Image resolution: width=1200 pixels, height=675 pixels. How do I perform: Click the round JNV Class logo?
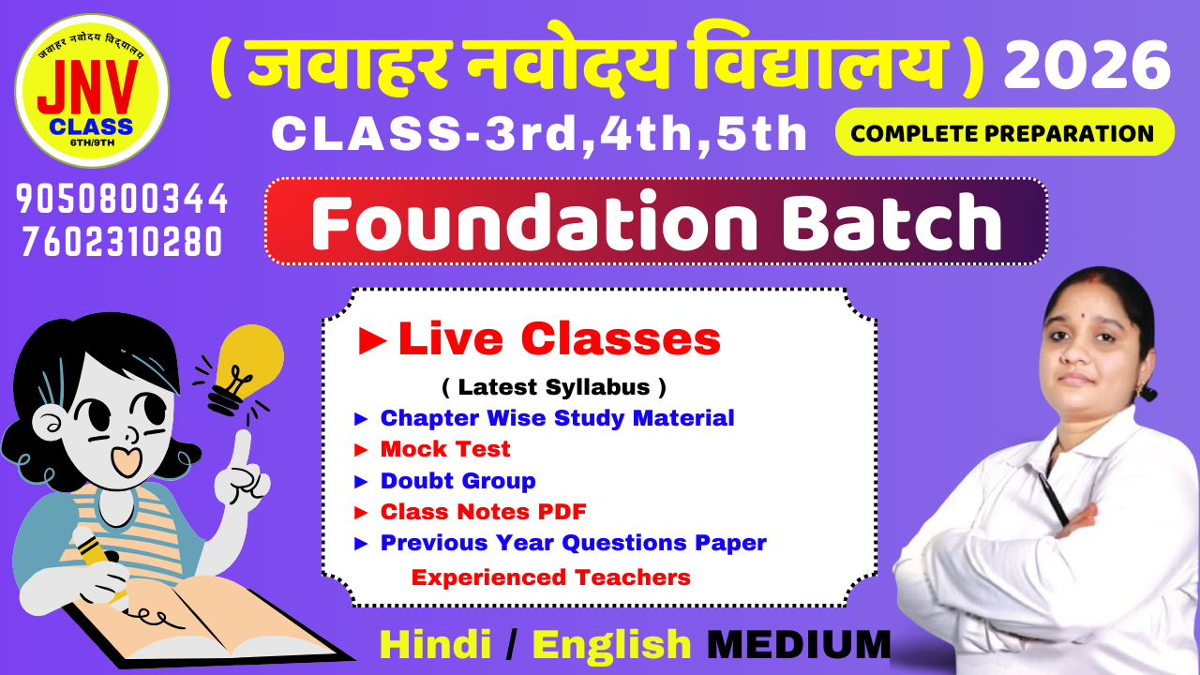[92, 91]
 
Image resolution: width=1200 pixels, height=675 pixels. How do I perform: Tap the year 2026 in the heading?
[1087, 66]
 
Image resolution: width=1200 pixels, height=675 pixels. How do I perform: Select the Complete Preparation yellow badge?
[1005, 132]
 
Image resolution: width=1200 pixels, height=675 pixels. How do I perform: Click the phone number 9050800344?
[122, 199]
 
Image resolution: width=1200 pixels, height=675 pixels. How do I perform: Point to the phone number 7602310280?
[122, 242]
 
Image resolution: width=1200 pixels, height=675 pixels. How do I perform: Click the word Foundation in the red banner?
[534, 221]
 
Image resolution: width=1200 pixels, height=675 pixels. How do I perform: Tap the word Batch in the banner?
[892, 221]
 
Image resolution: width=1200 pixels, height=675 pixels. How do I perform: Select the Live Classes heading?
[539, 339]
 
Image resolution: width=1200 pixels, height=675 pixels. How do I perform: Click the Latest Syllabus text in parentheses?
[554, 387]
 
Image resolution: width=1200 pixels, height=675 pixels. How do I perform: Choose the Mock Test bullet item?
[432, 449]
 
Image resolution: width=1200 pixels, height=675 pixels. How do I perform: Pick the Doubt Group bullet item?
[445, 481]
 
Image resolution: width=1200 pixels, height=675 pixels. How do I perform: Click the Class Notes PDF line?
[471, 512]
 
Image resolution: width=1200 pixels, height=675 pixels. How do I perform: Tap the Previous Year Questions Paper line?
[561, 543]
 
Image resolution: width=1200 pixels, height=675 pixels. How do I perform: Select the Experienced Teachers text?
[550, 577]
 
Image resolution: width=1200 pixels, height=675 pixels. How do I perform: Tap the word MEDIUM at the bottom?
[799, 644]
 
